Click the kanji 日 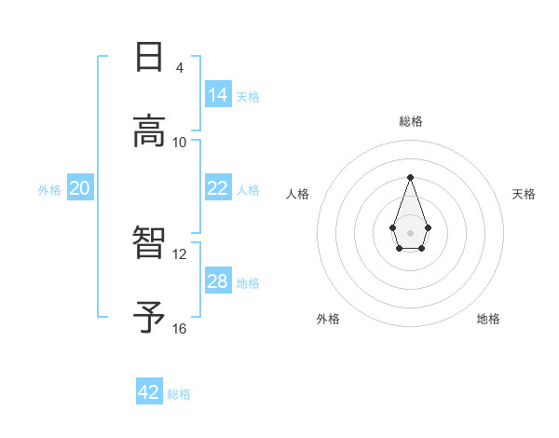149,58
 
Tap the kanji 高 149,131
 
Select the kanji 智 149,243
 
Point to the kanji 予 149,317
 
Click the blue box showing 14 218,94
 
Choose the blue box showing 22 218,188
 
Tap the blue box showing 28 218,281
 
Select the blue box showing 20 79,188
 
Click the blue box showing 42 149,392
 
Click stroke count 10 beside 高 180,142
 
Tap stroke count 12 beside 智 180,253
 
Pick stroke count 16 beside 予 180,328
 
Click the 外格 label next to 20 49,189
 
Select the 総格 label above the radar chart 411,121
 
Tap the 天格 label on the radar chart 525,194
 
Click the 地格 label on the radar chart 488,319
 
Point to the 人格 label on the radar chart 298,194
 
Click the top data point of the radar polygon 410,177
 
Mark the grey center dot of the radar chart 410,232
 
